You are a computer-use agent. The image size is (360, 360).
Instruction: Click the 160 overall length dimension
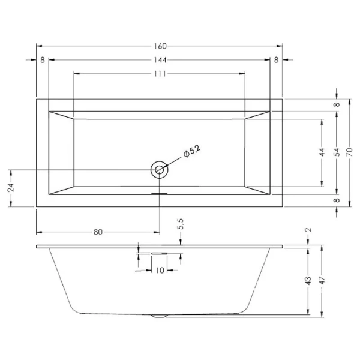point(159,46)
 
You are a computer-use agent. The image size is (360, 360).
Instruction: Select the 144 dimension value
point(159,60)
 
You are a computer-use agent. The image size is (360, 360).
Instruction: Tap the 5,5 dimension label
point(181,225)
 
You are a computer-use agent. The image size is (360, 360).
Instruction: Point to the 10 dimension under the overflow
point(160,271)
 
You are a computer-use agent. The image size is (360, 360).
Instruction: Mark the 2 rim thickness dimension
point(307,230)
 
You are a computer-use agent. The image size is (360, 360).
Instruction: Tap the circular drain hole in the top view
point(160,170)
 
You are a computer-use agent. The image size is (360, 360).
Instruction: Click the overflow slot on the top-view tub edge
point(160,193)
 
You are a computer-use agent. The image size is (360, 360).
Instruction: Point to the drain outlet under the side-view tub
point(160,315)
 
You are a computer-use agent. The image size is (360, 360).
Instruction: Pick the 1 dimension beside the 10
point(138,271)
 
